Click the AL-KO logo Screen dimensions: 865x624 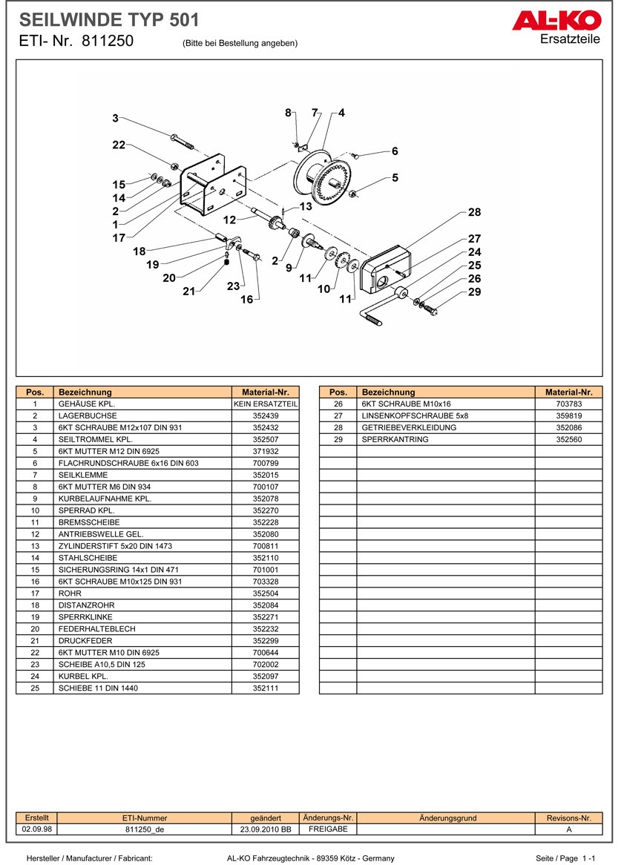(556, 21)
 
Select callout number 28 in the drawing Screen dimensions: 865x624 (474, 212)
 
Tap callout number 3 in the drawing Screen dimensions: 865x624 (115, 118)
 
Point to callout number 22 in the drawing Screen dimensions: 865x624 (119, 145)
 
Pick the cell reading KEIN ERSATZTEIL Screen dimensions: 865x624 (265, 404)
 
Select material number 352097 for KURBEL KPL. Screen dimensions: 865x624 (265, 677)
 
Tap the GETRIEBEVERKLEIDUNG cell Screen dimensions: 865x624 (409, 428)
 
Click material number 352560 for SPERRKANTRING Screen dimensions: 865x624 (568, 440)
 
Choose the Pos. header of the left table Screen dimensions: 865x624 (35, 392)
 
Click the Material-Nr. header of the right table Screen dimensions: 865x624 (568, 392)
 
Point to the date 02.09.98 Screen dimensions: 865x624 (32, 830)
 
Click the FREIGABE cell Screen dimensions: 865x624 (327, 829)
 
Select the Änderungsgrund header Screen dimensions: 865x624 (447, 818)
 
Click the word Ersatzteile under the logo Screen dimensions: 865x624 (570, 39)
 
